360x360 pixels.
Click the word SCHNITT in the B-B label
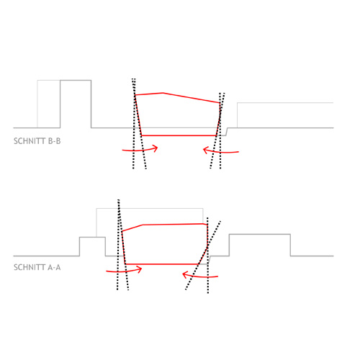tap(30, 141)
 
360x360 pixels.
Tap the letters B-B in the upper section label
tap(55, 141)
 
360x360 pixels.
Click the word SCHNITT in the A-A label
tap(30, 267)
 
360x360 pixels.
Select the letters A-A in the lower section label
tap(55, 267)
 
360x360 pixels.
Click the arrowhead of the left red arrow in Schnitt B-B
tap(156, 148)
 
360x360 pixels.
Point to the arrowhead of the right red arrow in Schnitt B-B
tap(205, 150)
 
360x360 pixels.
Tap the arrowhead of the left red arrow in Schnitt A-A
tap(140, 269)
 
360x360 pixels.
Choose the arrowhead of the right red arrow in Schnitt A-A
tap(185, 274)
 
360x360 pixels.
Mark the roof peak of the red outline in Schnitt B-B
tap(163, 93)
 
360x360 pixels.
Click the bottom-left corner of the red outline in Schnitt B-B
tap(142, 135)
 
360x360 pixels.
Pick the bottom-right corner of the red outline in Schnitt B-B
tap(216, 135)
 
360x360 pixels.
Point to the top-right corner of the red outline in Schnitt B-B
tap(220, 103)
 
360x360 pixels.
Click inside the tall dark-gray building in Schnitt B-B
tap(76, 104)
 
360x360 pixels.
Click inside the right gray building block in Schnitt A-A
tap(260, 245)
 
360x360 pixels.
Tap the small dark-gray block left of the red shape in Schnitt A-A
tap(92, 247)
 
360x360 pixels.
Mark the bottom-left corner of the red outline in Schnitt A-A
tap(125, 264)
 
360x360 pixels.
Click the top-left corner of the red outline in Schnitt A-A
tap(122, 231)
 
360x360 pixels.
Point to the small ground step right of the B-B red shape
tap(227, 132)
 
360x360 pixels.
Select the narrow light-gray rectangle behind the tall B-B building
tap(49, 104)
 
